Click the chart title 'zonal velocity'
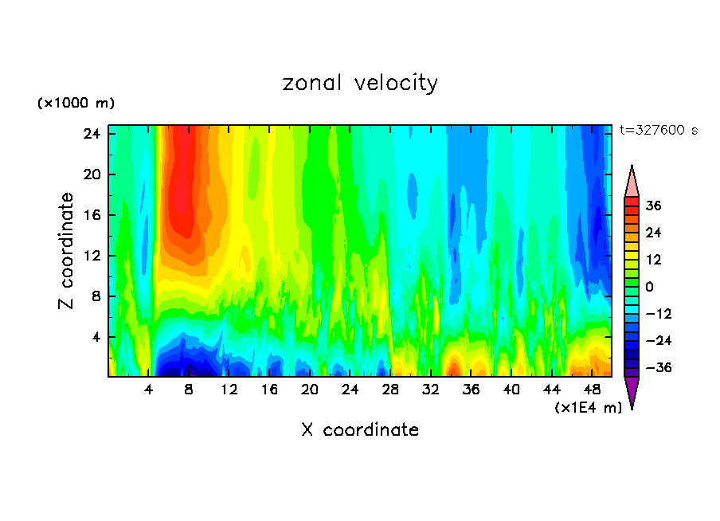(x=360, y=83)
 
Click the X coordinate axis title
(x=360, y=430)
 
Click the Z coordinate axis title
(x=67, y=251)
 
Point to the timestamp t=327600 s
(x=658, y=131)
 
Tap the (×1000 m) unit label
(x=76, y=104)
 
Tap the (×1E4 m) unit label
(x=588, y=407)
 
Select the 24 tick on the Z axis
(x=92, y=134)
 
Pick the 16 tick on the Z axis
(x=92, y=215)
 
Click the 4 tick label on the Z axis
(x=96, y=337)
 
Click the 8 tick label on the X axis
(x=189, y=390)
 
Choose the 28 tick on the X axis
(x=390, y=390)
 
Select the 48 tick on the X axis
(x=592, y=390)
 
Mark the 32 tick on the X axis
(x=431, y=390)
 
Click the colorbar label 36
(x=654, y=206)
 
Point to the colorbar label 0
(x=650, y=287)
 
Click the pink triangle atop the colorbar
(x=632, y=182)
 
